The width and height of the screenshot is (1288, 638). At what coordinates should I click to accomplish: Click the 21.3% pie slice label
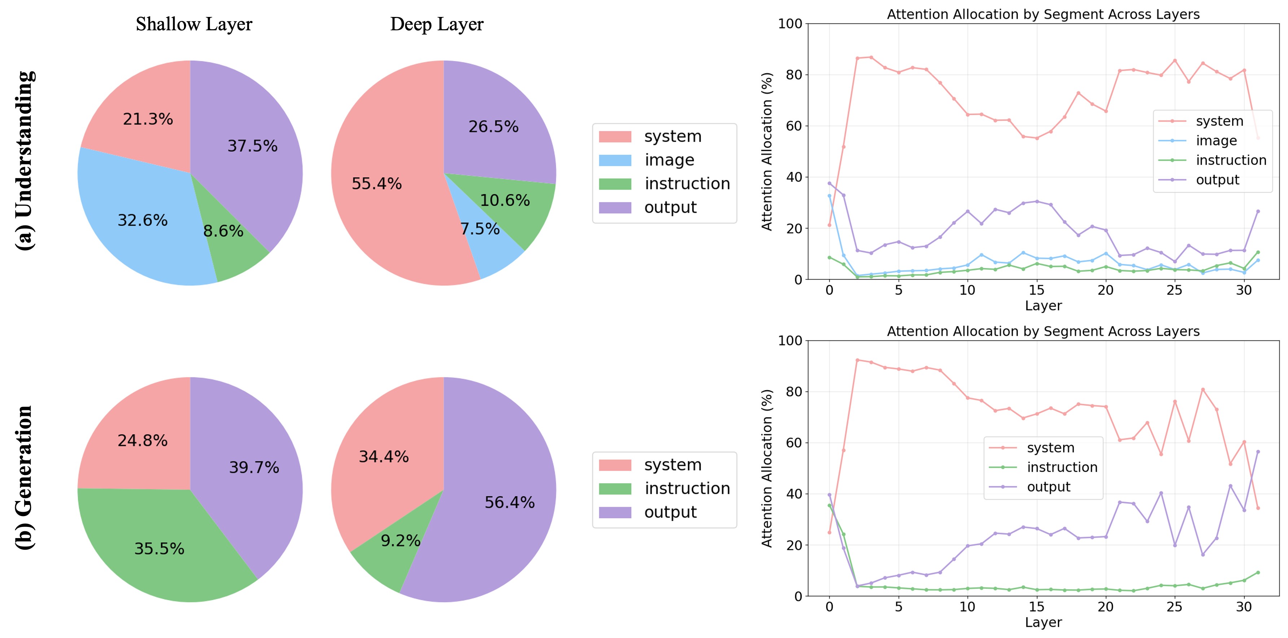148,119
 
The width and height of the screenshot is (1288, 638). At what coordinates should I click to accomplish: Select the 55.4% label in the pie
377,184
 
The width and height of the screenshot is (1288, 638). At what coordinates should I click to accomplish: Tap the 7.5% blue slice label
479,229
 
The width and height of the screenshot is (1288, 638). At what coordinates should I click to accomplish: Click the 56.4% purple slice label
509,502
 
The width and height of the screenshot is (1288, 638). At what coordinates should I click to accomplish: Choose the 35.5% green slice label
159,549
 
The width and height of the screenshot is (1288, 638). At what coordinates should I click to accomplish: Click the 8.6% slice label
223,230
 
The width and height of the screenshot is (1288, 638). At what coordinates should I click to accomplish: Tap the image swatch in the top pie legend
615,160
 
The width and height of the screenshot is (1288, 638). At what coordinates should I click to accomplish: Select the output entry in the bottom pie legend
670,512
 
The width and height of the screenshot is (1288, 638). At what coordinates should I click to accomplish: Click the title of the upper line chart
1043,14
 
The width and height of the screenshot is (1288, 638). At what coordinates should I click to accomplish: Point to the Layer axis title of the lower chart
1043,622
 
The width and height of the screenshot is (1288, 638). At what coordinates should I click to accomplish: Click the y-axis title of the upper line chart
767,151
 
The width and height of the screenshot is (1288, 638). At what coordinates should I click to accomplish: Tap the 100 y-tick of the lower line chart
790,340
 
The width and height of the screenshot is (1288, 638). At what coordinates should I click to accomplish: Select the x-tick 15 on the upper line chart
1037,290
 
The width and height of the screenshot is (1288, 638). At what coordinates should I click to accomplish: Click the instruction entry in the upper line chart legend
1231,160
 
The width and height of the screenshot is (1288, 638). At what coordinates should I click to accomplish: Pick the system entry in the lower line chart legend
1050,448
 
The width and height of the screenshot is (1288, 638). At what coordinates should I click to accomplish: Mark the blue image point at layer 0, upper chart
829,196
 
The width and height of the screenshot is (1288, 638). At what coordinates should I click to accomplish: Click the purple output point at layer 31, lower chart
1258,452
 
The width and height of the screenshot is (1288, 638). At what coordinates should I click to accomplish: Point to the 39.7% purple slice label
254,467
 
